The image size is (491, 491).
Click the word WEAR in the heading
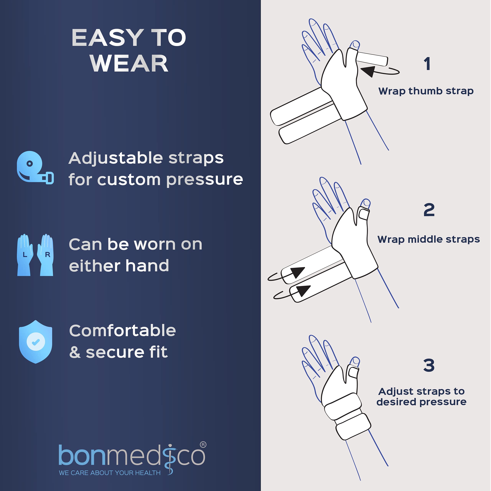[x=129, y=63]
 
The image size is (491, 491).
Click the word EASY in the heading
[x=108, y=38]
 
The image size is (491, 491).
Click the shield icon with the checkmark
[x=36, y=342]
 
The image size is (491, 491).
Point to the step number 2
[x=429, y=210]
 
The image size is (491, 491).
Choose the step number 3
[x=429, y=365]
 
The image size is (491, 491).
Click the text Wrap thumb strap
[x=426, y=91]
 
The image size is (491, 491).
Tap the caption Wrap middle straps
[x=428, y=239]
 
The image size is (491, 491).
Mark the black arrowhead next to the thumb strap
[x=368, y=70]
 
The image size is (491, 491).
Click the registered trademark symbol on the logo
[x=203, y=445]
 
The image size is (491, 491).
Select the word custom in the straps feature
[x=129, y=180]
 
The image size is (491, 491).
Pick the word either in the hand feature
[x=95, y=266]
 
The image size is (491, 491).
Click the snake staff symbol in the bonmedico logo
[x=170, y=460]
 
